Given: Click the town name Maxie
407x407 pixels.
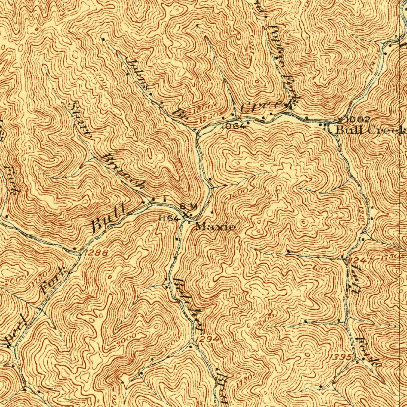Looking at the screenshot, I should tap(215, 227).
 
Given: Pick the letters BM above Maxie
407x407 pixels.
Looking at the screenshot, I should tap(188, 206).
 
